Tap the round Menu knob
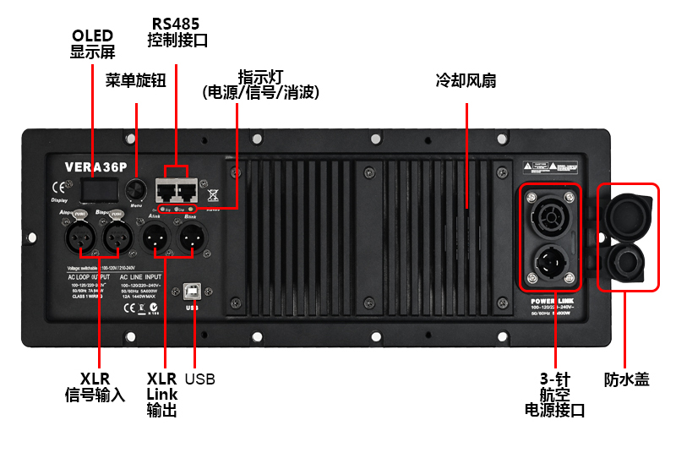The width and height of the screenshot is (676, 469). click(135, 188)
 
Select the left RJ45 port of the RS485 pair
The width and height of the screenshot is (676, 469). click(166, 189)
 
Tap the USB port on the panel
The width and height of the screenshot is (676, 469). click(194, 292)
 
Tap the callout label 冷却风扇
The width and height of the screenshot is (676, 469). click(466, 81)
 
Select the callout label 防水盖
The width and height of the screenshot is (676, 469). click(627, 379)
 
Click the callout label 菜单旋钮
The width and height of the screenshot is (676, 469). click(135, 80)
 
